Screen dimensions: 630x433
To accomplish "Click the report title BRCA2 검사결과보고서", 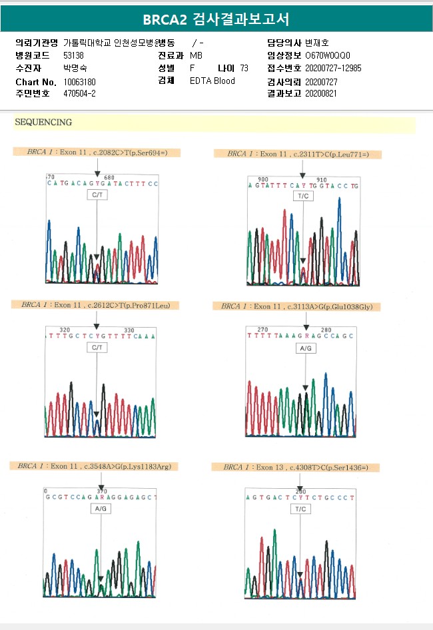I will (x=217, y=19).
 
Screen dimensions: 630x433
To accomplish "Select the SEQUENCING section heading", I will (x=43, y=123).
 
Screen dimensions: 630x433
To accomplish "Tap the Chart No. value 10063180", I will (x=80, y=81).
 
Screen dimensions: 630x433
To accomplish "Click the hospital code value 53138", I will (x=73, y=55).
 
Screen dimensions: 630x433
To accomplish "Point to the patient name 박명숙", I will (x=75, y=68).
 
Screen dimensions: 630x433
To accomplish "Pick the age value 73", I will (x=244, y=68).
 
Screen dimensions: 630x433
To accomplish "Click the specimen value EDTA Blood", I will (x=213, y=81).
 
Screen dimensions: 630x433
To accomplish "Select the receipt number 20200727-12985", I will (x=333, y=68).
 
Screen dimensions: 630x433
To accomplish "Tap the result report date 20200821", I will (x=321, y=93).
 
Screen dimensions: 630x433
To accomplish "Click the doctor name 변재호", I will (x=317, y=43).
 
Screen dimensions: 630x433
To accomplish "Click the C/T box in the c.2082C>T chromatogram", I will (x=97, y=195).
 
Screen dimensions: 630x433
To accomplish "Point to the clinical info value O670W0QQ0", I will (x=327, y=55).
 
